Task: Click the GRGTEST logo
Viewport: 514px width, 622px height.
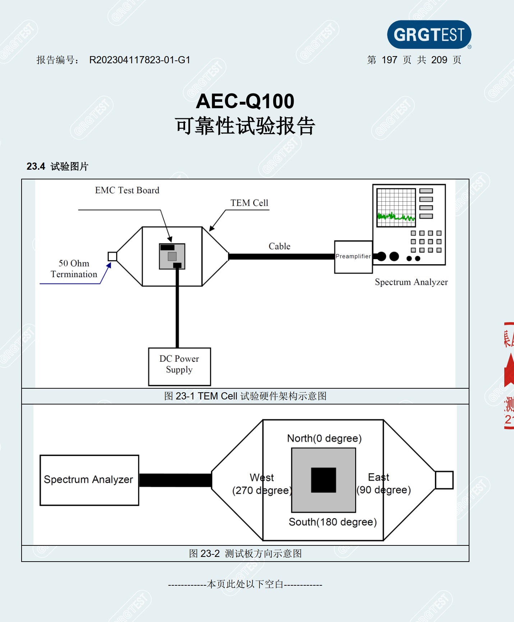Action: point(429,35)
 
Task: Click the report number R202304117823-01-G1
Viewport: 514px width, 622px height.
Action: point(139,60)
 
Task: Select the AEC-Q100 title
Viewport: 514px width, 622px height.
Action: point(245,101)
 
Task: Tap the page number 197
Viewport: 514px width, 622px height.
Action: point(389,60)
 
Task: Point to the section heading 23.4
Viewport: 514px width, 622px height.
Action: point(36,166)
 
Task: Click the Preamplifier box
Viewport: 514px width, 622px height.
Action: point(353,257)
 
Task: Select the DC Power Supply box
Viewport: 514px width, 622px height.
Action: point(179,366)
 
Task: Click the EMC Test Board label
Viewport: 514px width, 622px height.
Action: point(127,190)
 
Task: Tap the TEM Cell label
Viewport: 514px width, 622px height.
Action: point(249,203)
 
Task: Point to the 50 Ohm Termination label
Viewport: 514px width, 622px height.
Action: point(74,269)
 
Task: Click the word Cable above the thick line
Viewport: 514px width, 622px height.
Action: point(279,246)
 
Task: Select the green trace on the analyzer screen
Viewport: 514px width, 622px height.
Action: point(396,217)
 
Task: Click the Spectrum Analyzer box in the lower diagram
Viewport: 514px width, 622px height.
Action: point(89,480)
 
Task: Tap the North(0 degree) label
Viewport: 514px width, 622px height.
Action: point(324,438)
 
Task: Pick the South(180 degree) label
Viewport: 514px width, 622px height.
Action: point(332,522)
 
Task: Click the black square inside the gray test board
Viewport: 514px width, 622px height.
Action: point(323,480)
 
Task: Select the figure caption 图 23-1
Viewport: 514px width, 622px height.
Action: point(245,396)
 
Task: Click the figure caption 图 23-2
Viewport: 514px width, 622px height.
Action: point(245,553)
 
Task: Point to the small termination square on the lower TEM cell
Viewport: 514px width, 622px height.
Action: point(444,480)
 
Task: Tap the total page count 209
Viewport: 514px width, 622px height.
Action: point(439,60)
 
